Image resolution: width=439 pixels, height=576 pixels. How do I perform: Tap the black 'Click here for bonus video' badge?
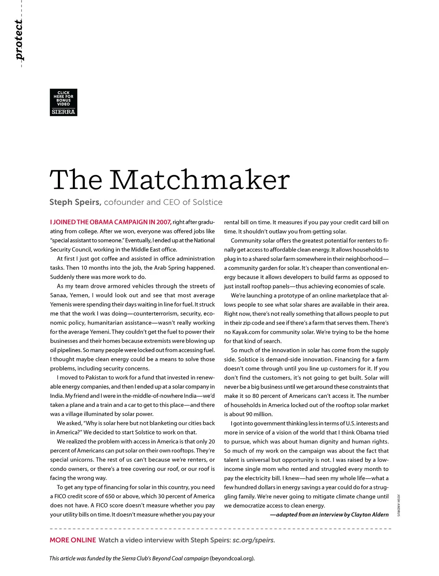point(63,102)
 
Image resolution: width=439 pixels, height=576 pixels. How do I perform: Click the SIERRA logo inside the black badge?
point(63,112)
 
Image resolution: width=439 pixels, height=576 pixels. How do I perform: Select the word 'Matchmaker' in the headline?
point(200,180)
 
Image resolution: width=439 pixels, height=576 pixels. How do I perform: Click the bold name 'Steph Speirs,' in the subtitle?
point(75,202)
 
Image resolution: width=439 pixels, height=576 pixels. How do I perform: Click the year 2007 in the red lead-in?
point(164,222)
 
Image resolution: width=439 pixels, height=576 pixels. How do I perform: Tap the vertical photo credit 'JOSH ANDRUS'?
point(399,505)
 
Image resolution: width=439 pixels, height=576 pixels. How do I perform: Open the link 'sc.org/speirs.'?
point(254,540)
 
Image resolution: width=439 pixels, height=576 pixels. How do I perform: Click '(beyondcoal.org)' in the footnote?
point(232,558)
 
